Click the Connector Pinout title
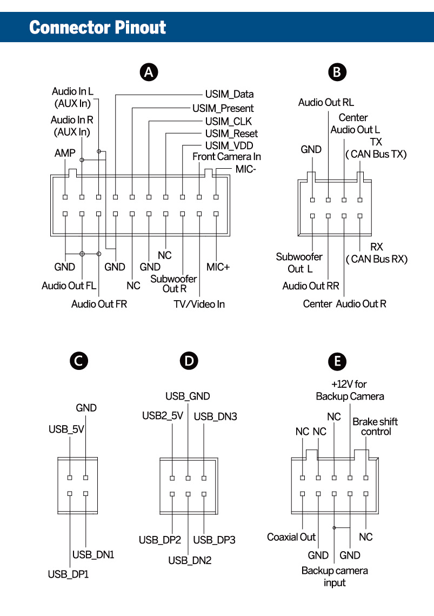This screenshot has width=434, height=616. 98,27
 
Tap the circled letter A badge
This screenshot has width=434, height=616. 149,72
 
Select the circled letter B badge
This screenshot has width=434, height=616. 337,72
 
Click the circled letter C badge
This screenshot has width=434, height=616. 79,361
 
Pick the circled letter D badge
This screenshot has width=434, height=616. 188,361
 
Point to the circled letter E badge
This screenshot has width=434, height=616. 338,361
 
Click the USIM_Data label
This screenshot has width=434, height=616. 229,95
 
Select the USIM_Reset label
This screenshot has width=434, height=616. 231,134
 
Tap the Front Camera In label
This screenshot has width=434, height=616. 226,157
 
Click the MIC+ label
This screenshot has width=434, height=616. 218,267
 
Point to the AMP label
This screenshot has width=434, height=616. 65,154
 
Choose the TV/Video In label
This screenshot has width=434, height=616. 199,304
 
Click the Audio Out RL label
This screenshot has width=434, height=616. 326,102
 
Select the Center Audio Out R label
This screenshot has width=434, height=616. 344,304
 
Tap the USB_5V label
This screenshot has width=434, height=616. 66,429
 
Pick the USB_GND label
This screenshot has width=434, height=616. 188,396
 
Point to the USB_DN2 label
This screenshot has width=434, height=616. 189,560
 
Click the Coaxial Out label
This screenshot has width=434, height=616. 291,537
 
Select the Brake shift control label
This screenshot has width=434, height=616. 375,426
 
